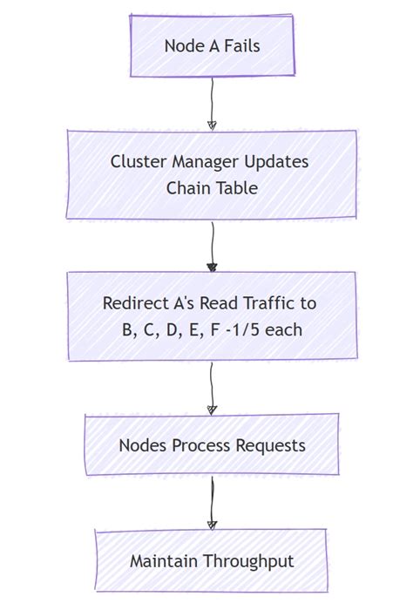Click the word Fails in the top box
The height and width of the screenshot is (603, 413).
(x=238, y=45)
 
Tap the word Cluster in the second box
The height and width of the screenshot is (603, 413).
(x=138, y=162)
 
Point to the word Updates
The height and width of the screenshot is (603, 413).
(x=276, y=162)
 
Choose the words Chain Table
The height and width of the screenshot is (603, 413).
(x=212, y=187)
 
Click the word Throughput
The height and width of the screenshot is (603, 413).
(x=247, y=561)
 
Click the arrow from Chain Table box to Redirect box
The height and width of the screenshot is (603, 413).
(x=211, y=246)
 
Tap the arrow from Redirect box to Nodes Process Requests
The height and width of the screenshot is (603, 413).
(x=211, y=388)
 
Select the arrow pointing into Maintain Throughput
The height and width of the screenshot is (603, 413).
(x=211, y=503)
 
